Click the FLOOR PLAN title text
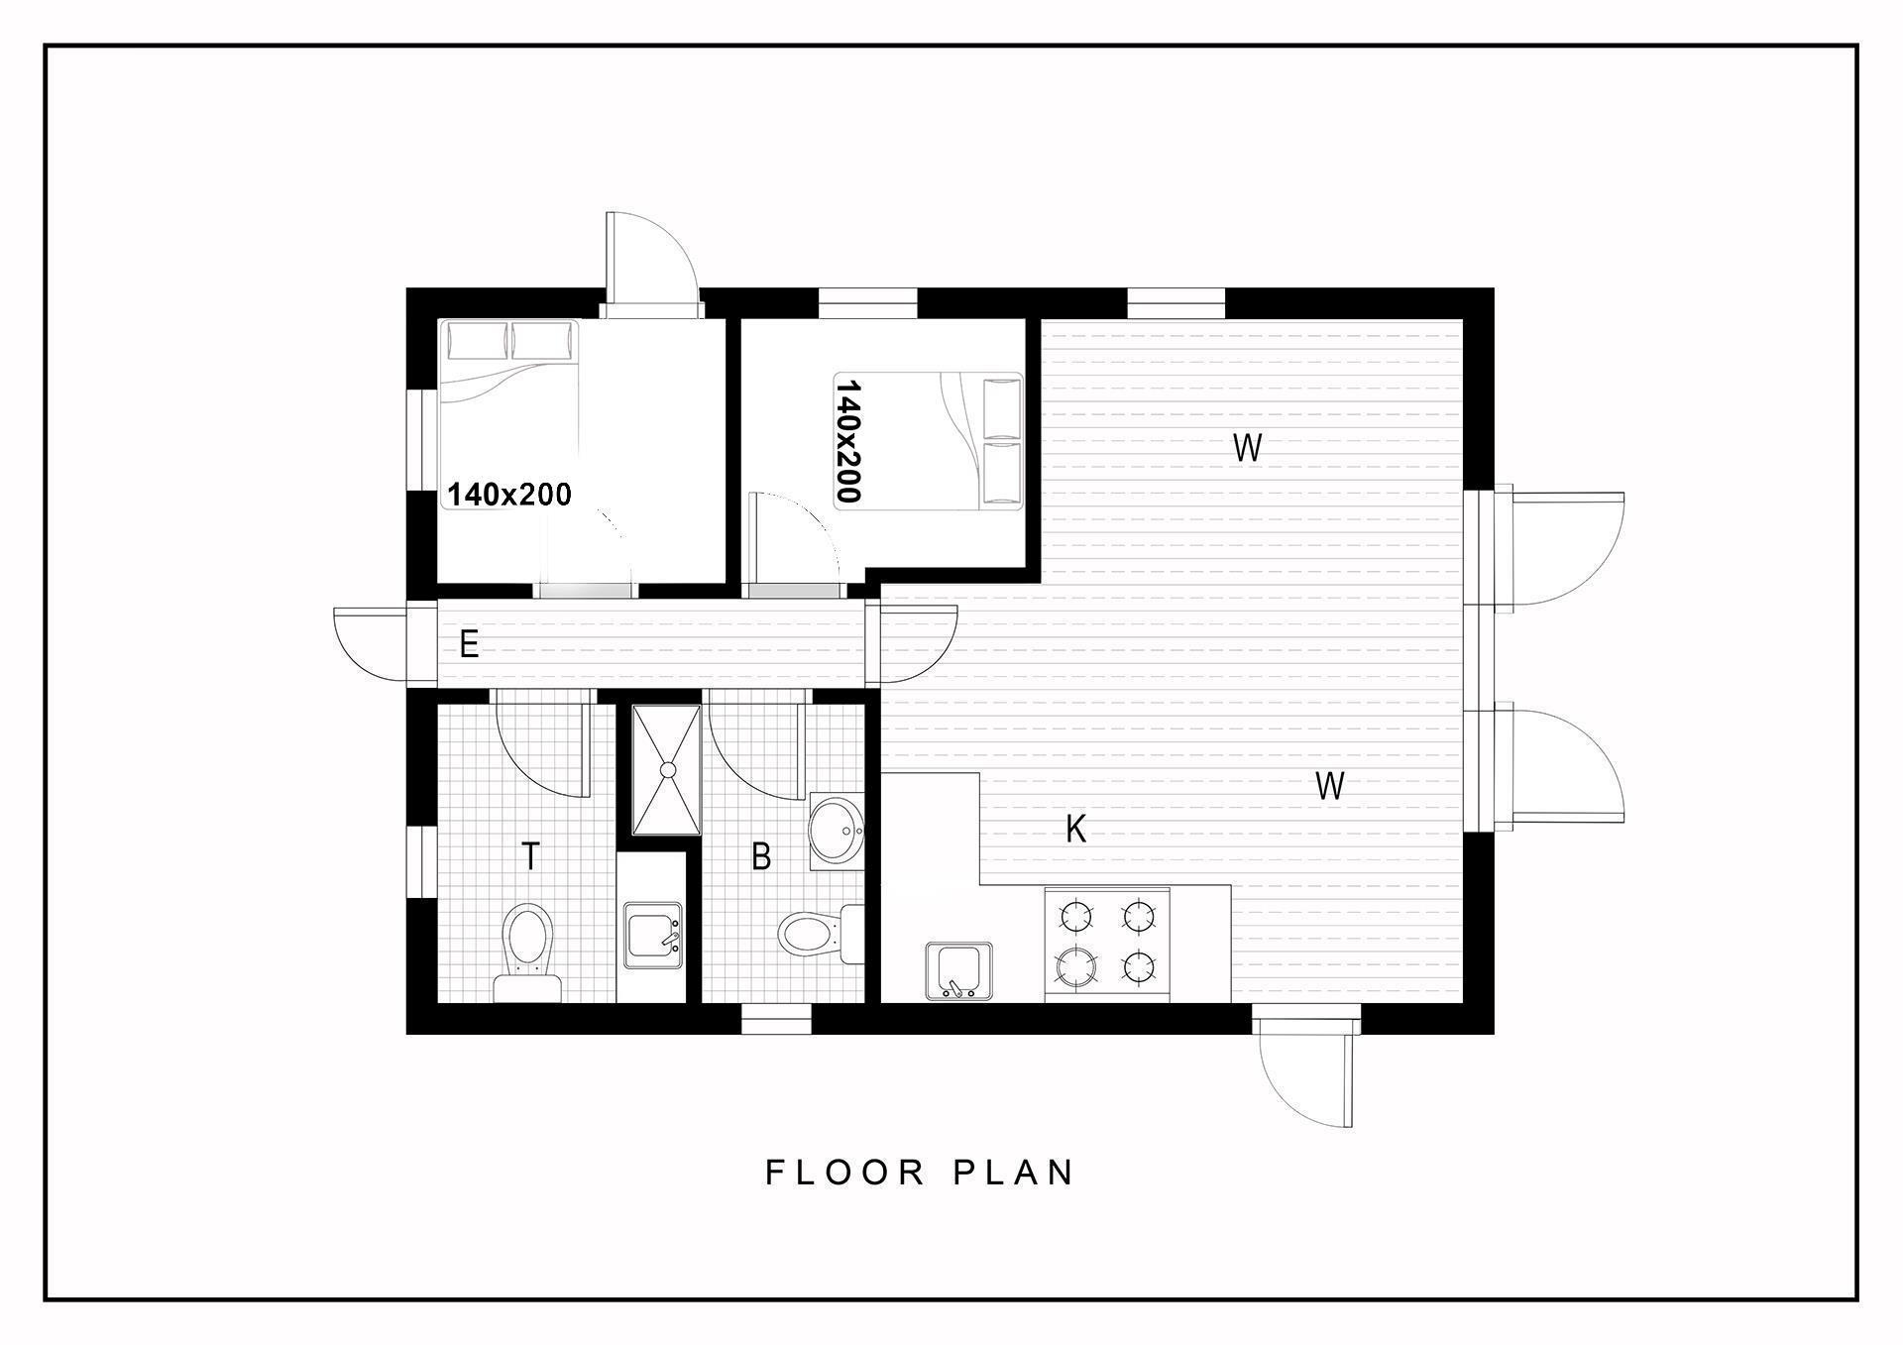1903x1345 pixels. (x=920, y=1173)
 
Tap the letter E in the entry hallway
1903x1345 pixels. (x=469, y=645)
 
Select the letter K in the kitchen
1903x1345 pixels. (x=1075, y=829)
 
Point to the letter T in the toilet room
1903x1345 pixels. (x=530, y=855)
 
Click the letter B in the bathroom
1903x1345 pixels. (x=761, y=856)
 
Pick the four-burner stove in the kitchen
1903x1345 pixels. (x=1107, y=945)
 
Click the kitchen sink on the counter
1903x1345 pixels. (x=958, y=971)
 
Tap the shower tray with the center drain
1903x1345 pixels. (x=667, y=769)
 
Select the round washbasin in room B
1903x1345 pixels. (x=837, y=831)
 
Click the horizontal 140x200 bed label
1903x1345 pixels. (x=509, y=495)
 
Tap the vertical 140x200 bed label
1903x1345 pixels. (x=849, y=442)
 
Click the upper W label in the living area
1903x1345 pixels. (x=1247, y=448)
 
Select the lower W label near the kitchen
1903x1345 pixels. (x=1329, y=786)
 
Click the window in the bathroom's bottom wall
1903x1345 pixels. (x=776, y=1019)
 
